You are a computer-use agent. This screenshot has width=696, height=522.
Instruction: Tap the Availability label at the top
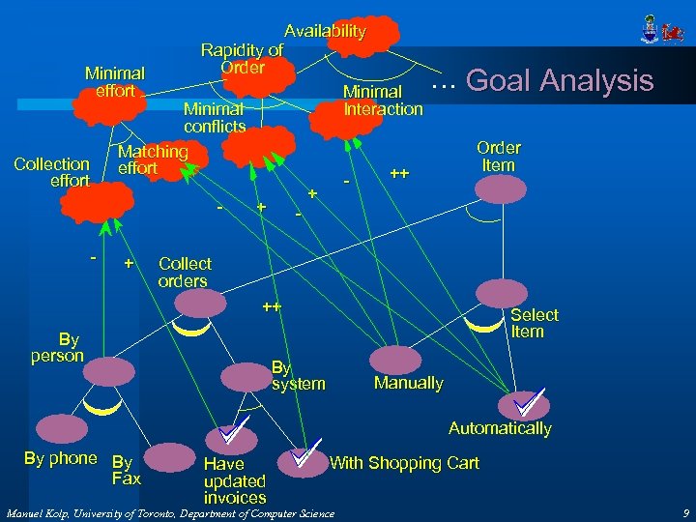325,31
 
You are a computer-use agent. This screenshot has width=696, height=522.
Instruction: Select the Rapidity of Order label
242,59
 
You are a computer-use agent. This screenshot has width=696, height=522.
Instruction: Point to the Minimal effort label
115,81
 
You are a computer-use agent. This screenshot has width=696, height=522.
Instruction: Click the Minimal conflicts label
215,118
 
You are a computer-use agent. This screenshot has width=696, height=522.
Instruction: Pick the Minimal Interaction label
383,101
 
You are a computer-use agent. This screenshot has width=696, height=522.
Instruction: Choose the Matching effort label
153,159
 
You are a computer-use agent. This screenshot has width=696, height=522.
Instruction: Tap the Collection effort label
52,172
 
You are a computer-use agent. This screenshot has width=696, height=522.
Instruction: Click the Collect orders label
184,272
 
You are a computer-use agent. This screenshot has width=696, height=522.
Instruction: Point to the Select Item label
535,323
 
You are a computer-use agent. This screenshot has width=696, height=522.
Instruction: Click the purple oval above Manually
396,359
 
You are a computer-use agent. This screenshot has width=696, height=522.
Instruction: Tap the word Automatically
500,428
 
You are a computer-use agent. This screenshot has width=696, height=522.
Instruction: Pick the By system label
298,376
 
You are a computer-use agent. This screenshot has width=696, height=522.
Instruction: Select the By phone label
60,458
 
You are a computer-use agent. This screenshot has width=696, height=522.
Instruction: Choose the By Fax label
126,470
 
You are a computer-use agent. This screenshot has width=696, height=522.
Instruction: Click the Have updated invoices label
234,480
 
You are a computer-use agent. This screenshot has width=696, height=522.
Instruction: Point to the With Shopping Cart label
404,463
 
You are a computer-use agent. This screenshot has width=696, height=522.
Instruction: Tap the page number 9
684,513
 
